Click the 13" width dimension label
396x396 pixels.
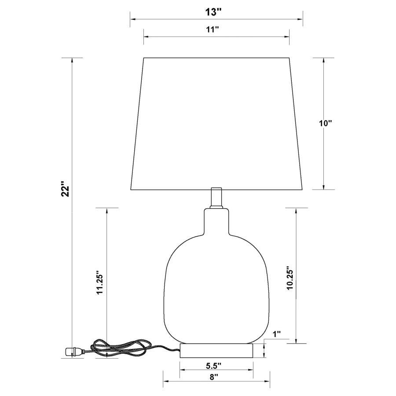[213, 12]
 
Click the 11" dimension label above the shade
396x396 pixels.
[213, 29]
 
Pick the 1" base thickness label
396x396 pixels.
[277, 334]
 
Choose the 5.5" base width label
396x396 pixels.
[213, 365]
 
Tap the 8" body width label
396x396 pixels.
[213, 377]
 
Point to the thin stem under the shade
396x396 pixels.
[216, 197]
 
